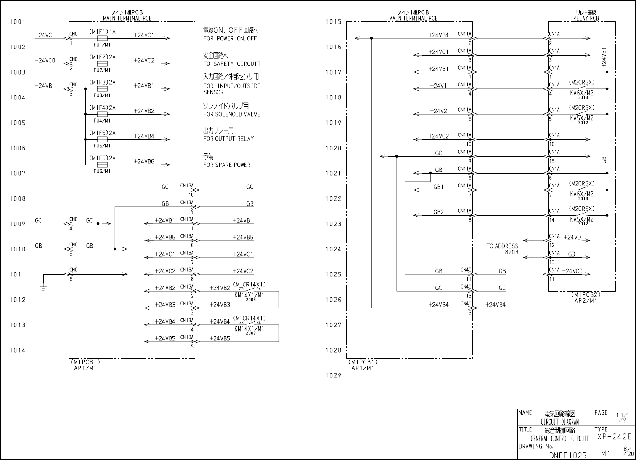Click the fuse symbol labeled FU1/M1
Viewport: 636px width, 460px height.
point(102,38)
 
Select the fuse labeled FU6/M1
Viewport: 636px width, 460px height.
point(102,165)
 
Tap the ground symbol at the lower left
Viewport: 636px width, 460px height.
point(43,288)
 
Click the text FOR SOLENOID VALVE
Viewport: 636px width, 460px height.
point(232,115)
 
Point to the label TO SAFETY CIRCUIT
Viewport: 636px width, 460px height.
point(232,64)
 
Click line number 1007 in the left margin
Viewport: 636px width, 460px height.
point(17,173)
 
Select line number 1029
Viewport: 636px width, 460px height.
point(334,375)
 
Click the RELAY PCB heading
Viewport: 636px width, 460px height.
point(586,19)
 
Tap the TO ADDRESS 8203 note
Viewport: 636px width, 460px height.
point(502,249)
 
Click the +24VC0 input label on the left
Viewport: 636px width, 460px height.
point(45,61)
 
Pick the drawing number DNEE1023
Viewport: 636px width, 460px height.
point(567,455)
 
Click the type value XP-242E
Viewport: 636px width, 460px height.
point(614,437)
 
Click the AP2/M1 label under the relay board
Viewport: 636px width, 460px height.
point(586,300)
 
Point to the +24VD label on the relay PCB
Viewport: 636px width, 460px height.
point(572,238)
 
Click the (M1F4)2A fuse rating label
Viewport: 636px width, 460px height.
point(102,108)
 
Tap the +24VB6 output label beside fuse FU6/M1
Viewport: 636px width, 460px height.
point(144,161)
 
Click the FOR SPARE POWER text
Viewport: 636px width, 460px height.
point(227,165)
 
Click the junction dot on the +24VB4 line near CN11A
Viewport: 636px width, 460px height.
point(371,38)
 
